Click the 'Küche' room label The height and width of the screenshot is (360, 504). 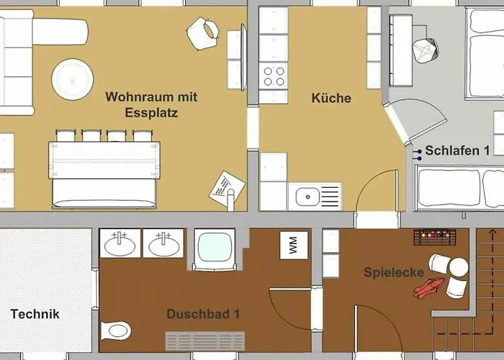pyautogui.click(x=332, y=98)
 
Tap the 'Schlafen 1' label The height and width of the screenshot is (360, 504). pyautogui.click(x=457, y=151)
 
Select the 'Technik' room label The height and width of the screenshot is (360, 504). pyautogui.click(x=35, y=314)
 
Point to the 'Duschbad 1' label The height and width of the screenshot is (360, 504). pyautogui.click(x=202, y=315)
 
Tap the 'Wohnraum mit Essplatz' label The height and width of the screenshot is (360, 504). pyautogui.click(x=151, y=104)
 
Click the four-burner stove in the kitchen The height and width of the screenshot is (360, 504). pyautogui.click(x=274, y=76)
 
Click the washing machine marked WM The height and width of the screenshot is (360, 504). pyautogui.click(x=293, y=247)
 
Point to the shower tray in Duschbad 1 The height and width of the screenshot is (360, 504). pyautogui.click(x=213, y=249)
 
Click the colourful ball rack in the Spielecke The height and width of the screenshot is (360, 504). pyautogui.click(x=436, y=236)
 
